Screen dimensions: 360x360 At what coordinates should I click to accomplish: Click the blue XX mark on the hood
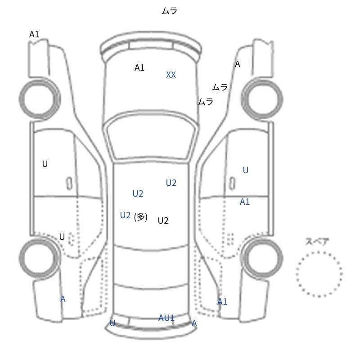tap(171, 75)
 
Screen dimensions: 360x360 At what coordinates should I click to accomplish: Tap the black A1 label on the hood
tap(139, 68)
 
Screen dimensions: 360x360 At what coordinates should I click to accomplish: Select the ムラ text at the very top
tap(170, 10)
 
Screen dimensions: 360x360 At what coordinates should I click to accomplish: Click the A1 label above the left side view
tap(34, 35)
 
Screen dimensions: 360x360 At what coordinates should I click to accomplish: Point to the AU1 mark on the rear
tap(166, 318)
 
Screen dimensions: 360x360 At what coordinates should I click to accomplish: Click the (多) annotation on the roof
tap(140, 217)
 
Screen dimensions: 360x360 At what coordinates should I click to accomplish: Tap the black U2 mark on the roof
tap(163, 220)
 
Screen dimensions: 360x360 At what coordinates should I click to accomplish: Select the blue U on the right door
tap(245, 171)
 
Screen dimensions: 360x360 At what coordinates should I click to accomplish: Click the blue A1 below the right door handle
tap(245, 202)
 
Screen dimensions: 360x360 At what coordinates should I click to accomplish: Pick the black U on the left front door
tap(45, 164)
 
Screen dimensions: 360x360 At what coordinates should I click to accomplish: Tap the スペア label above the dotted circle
tap(317, 242)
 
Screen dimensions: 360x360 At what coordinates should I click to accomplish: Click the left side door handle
tap(69, 184)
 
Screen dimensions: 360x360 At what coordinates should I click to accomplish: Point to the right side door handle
tap(232, 184)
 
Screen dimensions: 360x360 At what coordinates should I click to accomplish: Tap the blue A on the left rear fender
tap(63, 299)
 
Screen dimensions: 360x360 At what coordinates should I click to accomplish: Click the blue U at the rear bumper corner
tap(112, 323)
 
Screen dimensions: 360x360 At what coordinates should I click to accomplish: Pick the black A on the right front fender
tap(238, 64)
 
